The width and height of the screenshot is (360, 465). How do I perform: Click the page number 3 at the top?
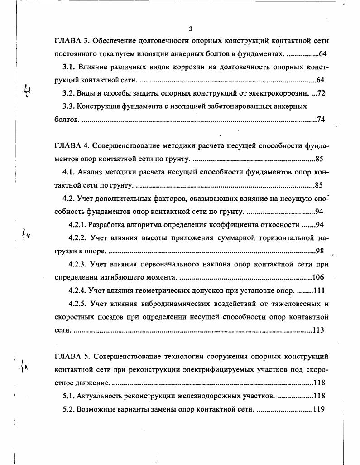click(x=191, y=29)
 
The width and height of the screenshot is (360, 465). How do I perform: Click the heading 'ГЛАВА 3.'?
click(x=72, y=41)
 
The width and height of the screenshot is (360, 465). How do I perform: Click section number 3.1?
click(x=68, y=67)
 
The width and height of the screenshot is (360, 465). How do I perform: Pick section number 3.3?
click(x=68, y=107)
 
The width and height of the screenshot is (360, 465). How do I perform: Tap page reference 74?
click(x=321, y=120)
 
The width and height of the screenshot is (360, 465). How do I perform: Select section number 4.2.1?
click(x=77, y=224)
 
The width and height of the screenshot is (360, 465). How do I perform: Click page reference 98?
click(x=321, y=251)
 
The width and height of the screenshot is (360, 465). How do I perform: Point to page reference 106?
click(x=319, y=277)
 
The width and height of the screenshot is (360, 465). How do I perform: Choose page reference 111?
click(x=319, y=290)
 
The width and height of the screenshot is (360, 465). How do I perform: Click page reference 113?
click(x=319, y=330)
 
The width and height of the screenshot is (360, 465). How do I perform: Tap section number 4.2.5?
click(x=77, y=303)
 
